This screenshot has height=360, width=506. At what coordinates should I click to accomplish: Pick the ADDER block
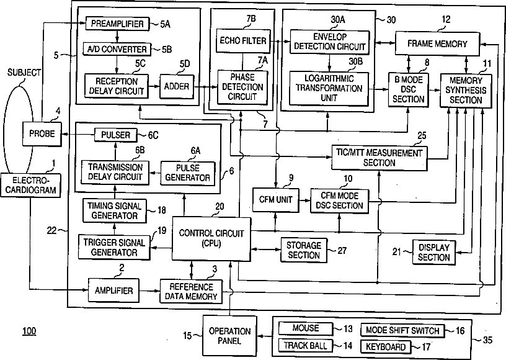pyautogui.click(x=177, y=86)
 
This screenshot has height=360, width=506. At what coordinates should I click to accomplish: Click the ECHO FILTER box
pyautogui.click(x=242, y=42)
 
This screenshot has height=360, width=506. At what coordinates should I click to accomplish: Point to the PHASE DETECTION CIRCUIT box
pyautogui.click(x=242, y=88)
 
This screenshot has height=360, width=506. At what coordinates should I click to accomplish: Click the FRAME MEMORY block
pyautogui.click(x=437, y=44)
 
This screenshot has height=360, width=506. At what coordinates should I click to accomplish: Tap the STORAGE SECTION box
pyautogui.click(x=304, y=250)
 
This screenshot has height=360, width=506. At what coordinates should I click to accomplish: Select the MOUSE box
pyautogui.click(x=306, y=328)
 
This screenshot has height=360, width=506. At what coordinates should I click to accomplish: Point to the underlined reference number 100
pyautogui.click(x=29, y=330)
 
